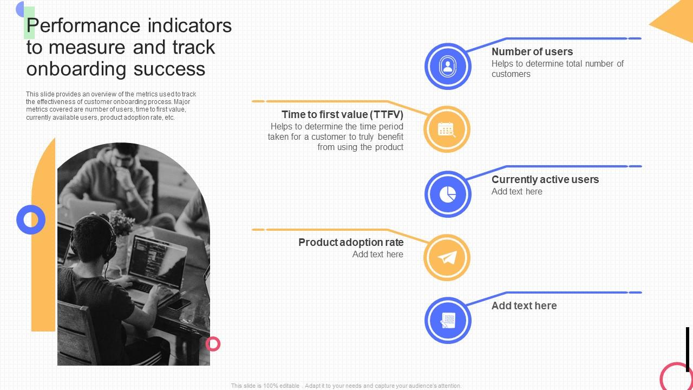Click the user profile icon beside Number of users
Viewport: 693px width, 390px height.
[448, 66]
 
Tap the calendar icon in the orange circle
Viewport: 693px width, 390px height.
[447, 129]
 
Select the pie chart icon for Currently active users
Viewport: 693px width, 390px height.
[448, 194]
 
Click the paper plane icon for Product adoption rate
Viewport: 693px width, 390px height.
[447, 258]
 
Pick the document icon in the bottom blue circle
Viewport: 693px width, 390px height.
[448, 321]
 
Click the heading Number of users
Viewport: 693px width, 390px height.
[532, 52]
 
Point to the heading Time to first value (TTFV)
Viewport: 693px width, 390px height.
[342, 115]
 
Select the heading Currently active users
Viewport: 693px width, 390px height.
[545, 180]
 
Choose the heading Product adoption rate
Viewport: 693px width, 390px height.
[351, 243]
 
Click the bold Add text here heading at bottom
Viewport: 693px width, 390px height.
[524, 306]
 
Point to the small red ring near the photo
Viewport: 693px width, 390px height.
[213, 343]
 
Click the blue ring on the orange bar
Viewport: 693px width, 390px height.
[31, 220]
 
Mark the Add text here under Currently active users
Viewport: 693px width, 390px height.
[517, 192]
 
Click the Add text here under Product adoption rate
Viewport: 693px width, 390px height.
[377, 255]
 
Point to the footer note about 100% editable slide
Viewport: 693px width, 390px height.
[346, 386]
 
